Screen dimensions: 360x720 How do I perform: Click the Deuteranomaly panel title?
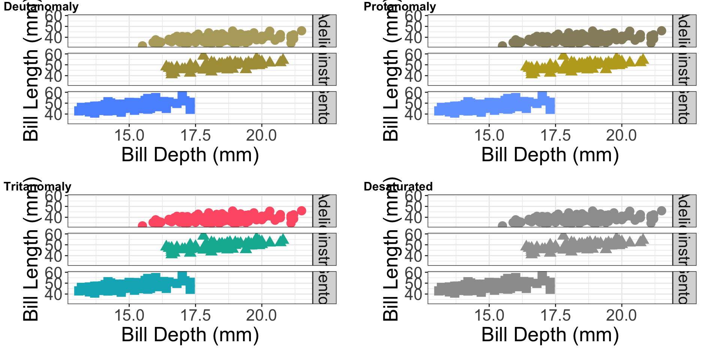click(x=41, y=6)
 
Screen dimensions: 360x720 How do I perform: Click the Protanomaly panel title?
click(x=400, y=6)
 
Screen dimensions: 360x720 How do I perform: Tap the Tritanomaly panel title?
click(x=37, y=186)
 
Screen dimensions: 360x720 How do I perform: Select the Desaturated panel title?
click(x=398, y=186)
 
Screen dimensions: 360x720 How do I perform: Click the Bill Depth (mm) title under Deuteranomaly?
click(x=190, y=155)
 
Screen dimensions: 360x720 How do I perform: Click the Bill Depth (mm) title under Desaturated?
click(x=550, y=335)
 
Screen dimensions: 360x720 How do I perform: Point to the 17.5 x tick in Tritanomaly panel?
click(x=195, y=315)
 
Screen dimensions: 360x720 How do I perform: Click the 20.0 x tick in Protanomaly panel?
click(x=621, y=135)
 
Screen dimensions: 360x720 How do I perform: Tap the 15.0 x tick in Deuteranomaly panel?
click(x=129, y=135)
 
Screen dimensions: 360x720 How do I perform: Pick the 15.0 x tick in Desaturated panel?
click(x=489, y=315)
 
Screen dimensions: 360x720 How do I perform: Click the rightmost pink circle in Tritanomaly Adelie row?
click(x=301, y=211)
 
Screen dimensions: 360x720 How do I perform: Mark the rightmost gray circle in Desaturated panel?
click(x=661, y=211)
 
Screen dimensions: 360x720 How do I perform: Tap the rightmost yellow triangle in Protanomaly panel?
click(x=643, y=59)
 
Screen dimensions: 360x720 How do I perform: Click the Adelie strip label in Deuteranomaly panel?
click(x=324, y=31)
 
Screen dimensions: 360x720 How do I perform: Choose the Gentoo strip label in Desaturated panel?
click(x=684, y=288)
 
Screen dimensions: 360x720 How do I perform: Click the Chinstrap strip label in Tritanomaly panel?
click(x=324, y=249)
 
